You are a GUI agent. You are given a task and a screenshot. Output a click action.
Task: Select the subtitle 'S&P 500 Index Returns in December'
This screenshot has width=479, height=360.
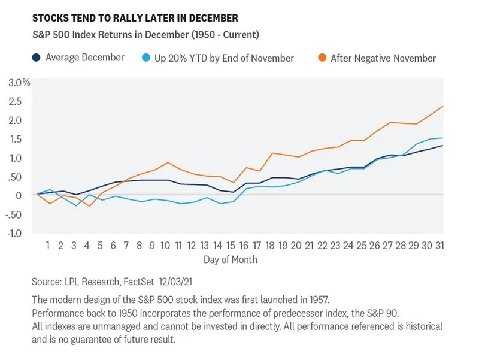[114, 35]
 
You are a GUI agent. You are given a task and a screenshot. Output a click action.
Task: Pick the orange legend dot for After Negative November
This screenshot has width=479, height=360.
[321, 58]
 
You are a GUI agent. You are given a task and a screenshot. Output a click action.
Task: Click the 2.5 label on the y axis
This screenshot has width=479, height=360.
[16, 101]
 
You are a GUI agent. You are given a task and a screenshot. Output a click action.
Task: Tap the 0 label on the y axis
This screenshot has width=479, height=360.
[19, 195]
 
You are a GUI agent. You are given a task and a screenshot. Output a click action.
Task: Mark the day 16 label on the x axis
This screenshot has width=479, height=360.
[244, 246]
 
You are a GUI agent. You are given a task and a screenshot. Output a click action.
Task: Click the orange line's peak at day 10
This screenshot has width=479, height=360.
[168, 162]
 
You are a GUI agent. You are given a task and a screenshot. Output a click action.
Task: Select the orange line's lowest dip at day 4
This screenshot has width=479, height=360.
[89, 206]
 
